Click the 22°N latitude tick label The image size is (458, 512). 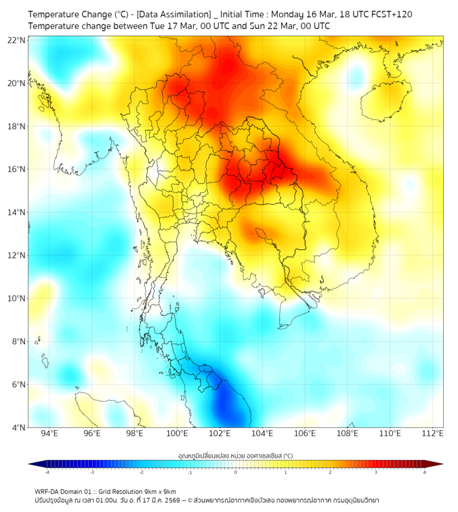17,40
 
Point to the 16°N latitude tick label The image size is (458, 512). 17,169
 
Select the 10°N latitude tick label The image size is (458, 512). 17,298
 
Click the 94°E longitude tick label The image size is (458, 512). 49,433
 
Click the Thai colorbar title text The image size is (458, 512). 235,455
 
